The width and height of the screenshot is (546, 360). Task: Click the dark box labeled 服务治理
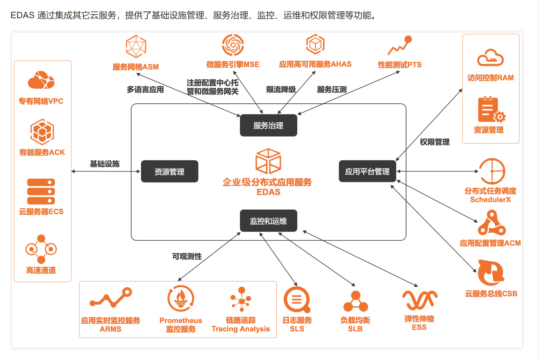point(268,125)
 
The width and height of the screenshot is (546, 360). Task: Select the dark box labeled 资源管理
point(170,171)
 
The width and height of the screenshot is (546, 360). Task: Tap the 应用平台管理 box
point(367,171)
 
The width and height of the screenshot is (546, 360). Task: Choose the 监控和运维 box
point(268,221)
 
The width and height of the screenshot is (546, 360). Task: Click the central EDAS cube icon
point(268,161)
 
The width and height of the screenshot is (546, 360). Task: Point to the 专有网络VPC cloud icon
point(41,80)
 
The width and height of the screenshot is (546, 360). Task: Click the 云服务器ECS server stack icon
point(41,191)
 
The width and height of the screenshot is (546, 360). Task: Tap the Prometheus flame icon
point(181,299)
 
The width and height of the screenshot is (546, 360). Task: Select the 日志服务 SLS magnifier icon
point(297,300)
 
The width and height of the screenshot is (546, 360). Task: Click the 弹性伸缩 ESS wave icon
point(419,300)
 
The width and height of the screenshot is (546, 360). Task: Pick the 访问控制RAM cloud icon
point(490,58)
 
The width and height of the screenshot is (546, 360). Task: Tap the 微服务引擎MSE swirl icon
point(233,45)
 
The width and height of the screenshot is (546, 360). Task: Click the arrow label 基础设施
point(105,164)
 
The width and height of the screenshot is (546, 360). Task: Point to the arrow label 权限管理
point(435,142)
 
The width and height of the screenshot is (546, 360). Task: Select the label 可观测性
point(187,256)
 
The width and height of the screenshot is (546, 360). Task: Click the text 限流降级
point(281,90)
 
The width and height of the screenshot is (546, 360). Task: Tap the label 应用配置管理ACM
point(490,243)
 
